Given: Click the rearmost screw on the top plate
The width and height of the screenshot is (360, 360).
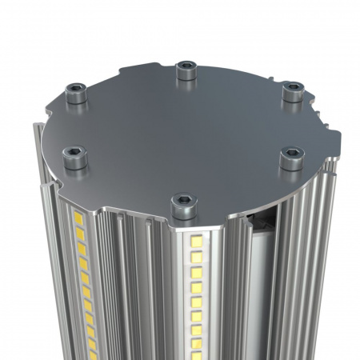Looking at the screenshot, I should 186,70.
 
